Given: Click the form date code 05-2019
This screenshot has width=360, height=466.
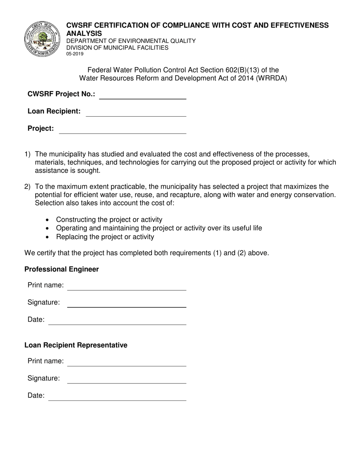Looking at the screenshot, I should [x=75, y=54].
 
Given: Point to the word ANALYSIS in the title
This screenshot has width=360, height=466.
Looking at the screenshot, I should [x=84, y=33].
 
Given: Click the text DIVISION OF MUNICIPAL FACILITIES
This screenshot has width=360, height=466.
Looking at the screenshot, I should [x=117, y=48].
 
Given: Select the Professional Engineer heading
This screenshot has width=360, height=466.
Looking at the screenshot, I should [x=62, y=269].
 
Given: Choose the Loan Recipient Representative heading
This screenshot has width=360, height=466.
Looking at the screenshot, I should [x=76, y=345].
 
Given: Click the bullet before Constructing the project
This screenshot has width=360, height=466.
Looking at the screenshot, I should [x=47, y=220].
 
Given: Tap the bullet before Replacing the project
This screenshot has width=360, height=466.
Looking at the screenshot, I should [x=47, y=237].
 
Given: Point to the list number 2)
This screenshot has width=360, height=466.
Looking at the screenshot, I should [x=27, y=187].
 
